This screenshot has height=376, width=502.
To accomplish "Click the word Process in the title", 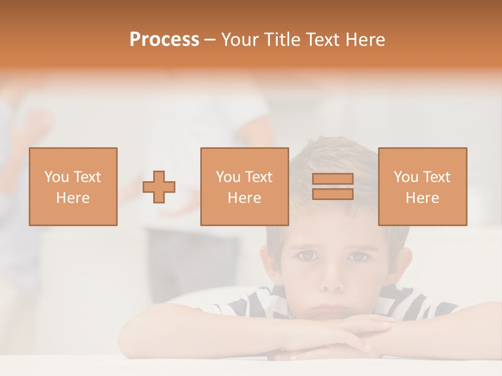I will coord(164,40).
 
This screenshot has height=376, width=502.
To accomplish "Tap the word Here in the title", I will coord(364,40).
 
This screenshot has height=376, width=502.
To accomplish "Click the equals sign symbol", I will coord(333,186).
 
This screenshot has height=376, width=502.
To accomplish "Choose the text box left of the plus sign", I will coord(73,186).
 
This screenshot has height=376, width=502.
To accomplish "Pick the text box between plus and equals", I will coord(244,186).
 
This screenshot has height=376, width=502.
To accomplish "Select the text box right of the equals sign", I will coord(422,186).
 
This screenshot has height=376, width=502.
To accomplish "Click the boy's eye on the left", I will coord(307,255).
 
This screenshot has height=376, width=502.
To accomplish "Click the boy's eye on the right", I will coord(359,256).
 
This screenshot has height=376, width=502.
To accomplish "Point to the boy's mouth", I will coord(330,307).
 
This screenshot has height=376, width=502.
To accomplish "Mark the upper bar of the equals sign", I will coord(333,179).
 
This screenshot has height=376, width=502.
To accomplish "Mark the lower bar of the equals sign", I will coord(333,194).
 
